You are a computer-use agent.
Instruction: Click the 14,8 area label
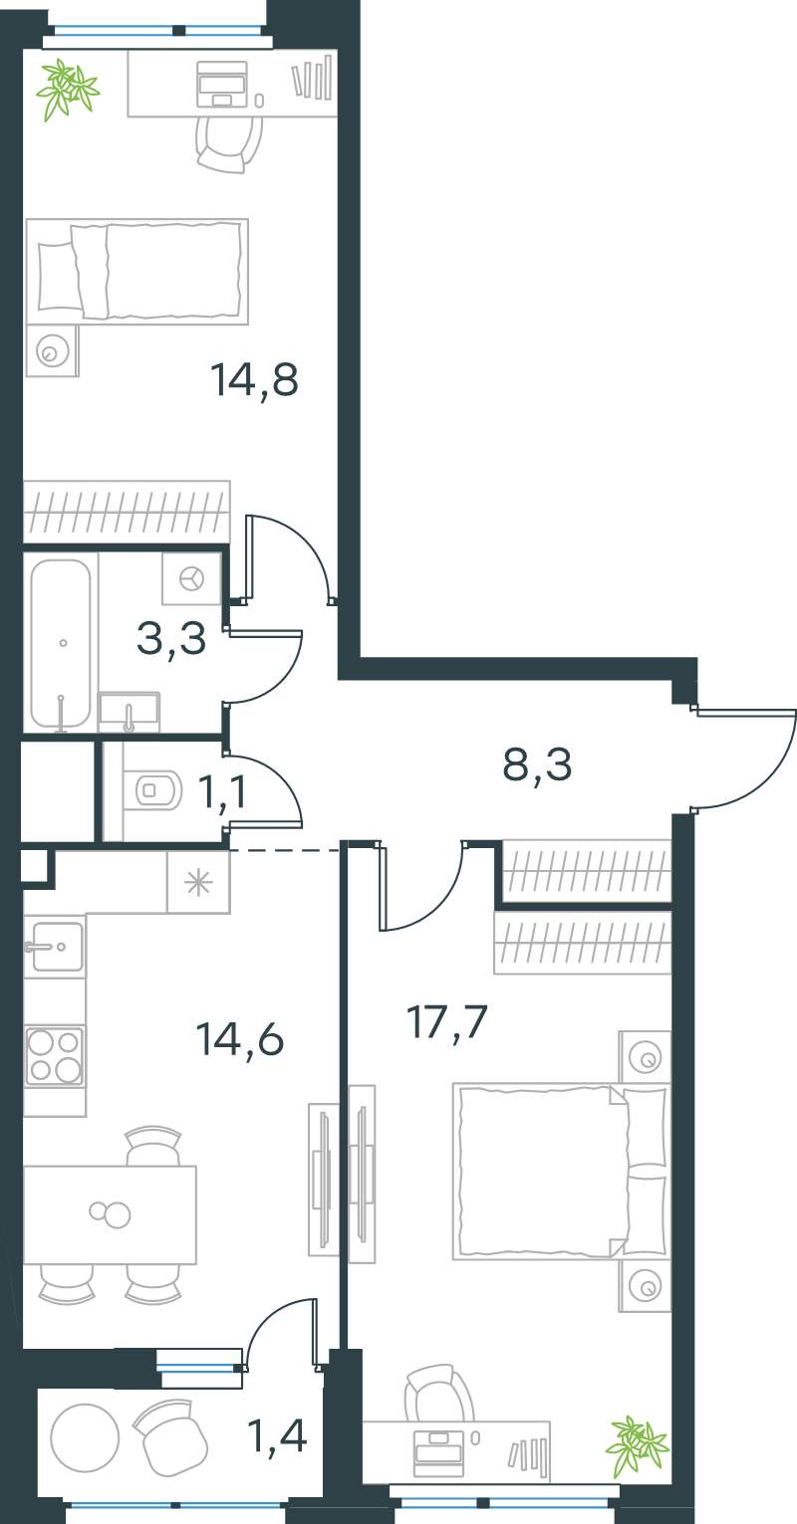(254, 380)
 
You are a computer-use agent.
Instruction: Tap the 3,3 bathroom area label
(171, 639)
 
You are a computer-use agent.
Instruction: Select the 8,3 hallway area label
(537, 764)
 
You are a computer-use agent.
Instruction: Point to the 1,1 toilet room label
(222, 792)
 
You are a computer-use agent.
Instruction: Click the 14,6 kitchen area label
(239, 1039)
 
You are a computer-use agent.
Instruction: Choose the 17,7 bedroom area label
(447, 1022)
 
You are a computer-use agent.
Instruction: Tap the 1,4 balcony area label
(277, 1435)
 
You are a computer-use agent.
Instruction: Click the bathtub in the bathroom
(61, 643)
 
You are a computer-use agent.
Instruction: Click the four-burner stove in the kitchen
(55, 1056)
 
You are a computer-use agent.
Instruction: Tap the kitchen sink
(55, 947)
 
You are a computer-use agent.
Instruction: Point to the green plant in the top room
(67, 90)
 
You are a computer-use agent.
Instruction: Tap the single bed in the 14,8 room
(136, 272)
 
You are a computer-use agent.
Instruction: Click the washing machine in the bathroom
(191, 579)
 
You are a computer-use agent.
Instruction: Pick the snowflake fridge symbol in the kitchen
(198, 882)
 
